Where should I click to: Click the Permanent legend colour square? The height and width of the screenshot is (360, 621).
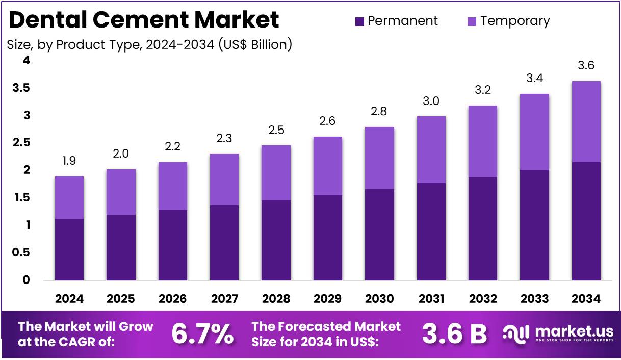point(359,21)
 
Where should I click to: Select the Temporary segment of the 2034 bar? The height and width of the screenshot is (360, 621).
point(586,121)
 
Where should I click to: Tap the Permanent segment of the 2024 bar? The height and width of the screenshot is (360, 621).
point(69,249)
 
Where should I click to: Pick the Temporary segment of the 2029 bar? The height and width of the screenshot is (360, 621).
point(328,166)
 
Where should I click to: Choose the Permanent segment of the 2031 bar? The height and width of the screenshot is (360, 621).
point(431,232)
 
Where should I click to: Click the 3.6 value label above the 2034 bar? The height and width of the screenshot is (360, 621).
point(586,66)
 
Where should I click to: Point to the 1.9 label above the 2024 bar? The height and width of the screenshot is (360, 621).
point(69,161)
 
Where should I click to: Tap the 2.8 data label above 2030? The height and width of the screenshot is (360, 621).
point(379,112)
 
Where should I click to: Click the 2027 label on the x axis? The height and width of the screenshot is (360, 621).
point(224,299)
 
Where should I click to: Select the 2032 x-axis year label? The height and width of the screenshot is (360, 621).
point(482,299)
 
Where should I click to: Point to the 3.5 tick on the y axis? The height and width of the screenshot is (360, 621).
point(21,88)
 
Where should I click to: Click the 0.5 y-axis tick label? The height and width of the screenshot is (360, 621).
point(21,253)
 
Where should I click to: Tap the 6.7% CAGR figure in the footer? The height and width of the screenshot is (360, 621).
point(202,334)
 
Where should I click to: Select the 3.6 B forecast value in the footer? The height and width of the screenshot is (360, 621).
point(454,334)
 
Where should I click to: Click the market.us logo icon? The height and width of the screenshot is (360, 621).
point(517,333)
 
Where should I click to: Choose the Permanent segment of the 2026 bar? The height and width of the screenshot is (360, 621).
point(173,245)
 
